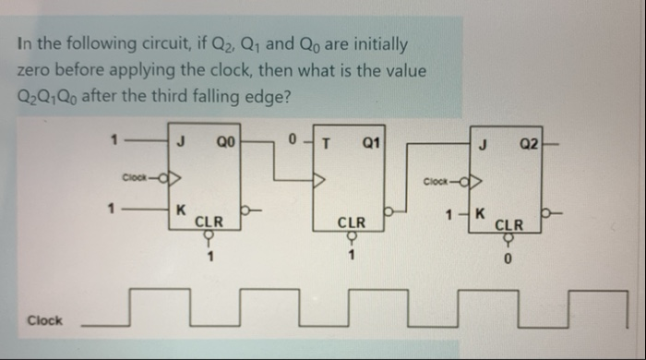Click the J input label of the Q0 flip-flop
click(182, 142)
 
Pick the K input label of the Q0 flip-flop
click(181, 210)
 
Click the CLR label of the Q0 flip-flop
click(208, 222)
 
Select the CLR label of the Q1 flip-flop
click(352, 222)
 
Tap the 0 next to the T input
click(293, 142)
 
